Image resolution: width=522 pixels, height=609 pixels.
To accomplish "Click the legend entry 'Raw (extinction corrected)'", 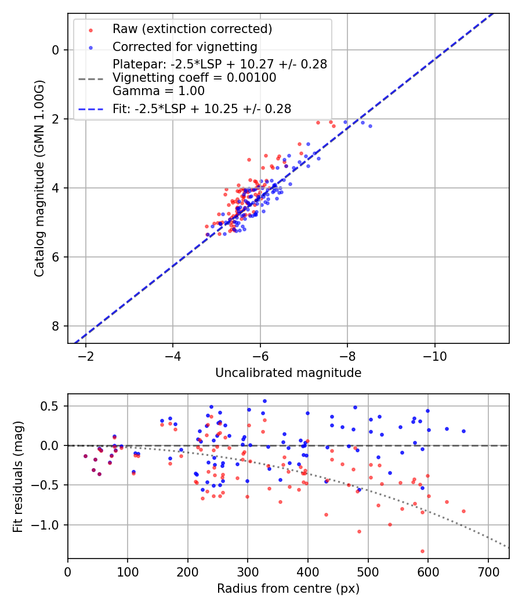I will [192, 29].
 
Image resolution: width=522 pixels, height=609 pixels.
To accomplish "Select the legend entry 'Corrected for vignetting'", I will [184, 46].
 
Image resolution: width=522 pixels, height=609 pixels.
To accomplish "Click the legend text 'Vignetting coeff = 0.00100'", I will [194, 78].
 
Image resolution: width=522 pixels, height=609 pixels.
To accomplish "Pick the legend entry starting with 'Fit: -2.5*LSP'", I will [202, 108].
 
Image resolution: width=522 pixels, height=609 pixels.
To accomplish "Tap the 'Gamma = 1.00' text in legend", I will [158, 91].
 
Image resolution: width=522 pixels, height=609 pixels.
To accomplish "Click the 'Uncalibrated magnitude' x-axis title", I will [288, 373].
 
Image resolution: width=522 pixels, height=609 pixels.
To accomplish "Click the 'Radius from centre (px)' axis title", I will [288, 589].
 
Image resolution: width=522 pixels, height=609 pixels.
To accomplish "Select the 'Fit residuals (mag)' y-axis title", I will [18, 476].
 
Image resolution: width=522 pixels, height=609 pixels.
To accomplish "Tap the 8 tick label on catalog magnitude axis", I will [56, 326].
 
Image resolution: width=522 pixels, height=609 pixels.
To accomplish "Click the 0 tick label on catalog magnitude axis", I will [56, 50].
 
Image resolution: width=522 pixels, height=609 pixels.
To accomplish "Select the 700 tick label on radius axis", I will [488, 572].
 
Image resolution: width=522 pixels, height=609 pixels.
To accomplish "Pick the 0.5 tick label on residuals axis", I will [51, 406].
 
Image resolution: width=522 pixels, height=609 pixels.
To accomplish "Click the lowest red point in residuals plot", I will [422, 551].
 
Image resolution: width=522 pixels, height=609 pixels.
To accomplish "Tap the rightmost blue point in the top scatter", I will [370, 126].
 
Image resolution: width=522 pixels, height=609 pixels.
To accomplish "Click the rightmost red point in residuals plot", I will [463, 511].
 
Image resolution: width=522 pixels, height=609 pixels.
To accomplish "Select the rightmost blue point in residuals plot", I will [463, 431].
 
